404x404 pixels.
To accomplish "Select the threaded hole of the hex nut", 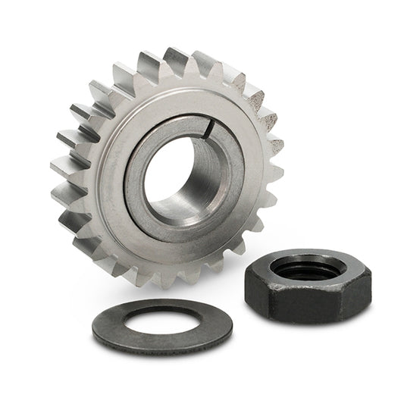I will [x=304, y=266].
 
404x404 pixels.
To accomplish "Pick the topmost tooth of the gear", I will [x=176, y=59].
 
